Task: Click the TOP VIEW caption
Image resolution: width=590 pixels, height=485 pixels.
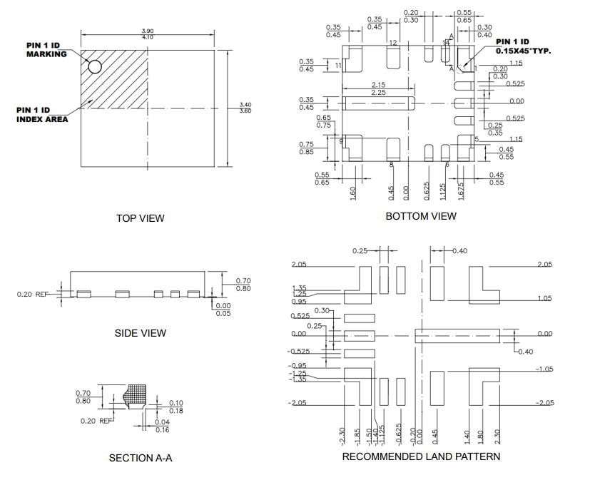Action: pos(141,218)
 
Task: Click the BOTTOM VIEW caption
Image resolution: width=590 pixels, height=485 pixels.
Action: pos(421,216)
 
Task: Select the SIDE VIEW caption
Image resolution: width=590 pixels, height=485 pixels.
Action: pos(141,333)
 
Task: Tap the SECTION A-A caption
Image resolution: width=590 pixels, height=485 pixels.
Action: pos(141,458)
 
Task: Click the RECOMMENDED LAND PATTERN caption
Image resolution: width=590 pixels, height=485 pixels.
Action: pos(421,456)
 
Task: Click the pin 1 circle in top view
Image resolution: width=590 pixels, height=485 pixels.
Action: pos(95,66)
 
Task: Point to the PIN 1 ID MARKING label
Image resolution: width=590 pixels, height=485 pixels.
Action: pos(46,49)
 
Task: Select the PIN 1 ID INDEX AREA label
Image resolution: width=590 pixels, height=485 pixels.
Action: pos(43,114)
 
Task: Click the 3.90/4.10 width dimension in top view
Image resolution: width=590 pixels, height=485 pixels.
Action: pos(147,33)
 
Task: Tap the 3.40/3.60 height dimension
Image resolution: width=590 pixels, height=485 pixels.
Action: pos(245,108)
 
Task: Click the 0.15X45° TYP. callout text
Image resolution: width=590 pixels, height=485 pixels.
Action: pos(524,51)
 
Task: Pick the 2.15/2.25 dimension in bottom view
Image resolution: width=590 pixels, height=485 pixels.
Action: pos(378,88)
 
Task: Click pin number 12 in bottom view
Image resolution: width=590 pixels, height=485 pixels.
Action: pos(392,44)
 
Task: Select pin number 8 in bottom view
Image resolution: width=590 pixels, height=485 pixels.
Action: pos(391,165)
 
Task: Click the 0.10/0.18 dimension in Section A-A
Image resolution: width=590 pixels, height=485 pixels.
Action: pos(176,407)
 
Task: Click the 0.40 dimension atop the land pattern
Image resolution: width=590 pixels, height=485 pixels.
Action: pos(459,250)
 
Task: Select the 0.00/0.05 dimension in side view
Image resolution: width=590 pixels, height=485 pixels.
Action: pos(223,309)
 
